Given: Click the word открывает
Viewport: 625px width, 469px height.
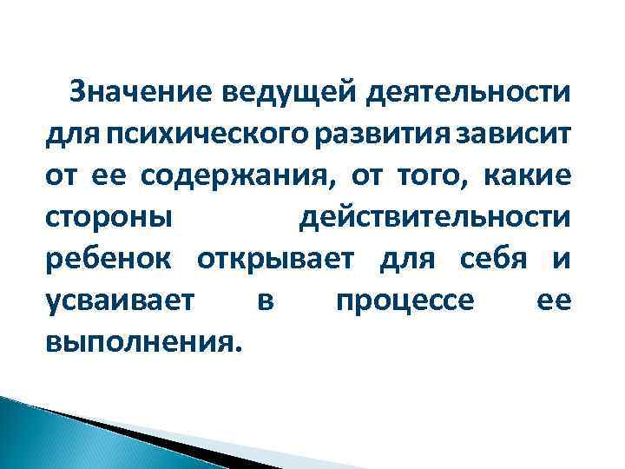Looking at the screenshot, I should pos(279,257).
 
